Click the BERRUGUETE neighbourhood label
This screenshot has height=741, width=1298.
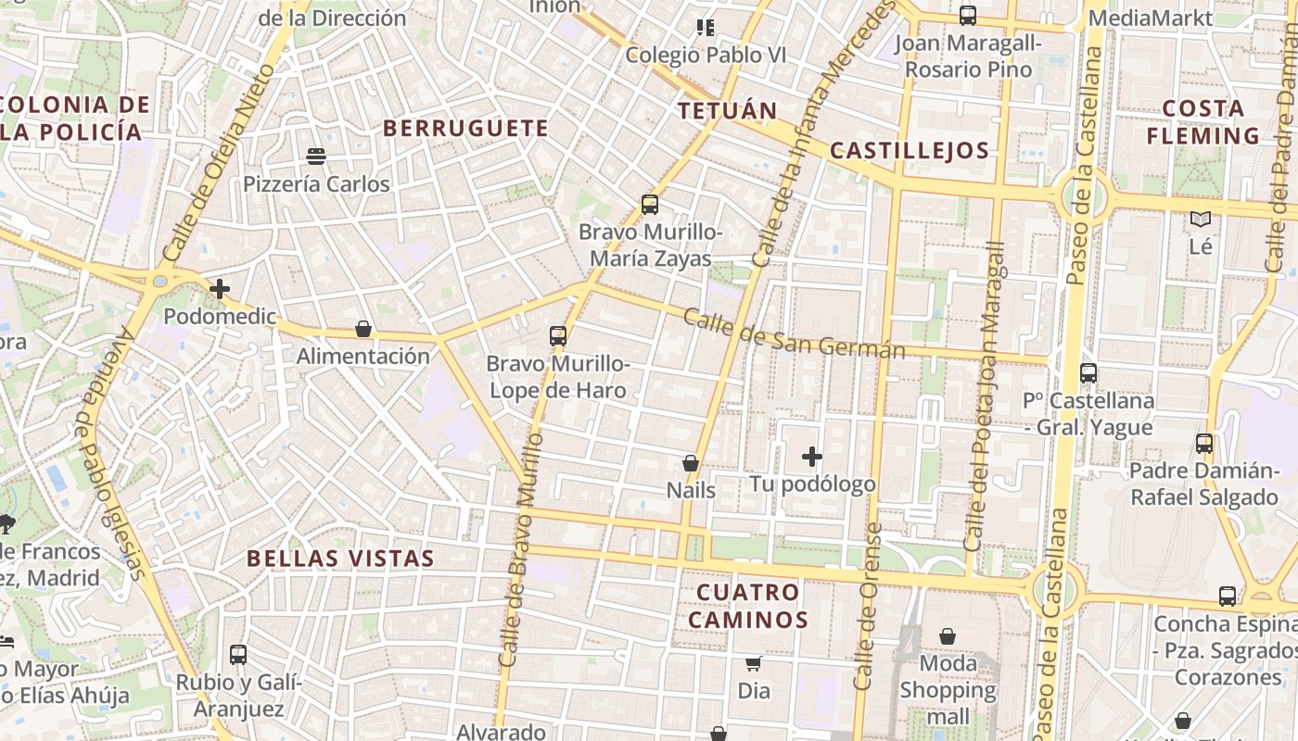pyautogui.click(x=465, y=129)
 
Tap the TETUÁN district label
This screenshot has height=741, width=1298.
pyautogui.click(x=727, y=111)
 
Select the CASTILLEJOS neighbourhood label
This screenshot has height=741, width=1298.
pyautogui.click(x=910, y=151)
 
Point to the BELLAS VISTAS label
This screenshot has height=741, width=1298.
pyautogui.click(x=340, y=559)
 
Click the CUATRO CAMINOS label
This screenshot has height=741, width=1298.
pyautogui.click(x=747, y=606)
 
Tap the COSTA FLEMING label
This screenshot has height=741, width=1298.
pyautogui.click(x=1203, y=122)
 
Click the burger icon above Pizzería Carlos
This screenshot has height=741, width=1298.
pyautogui.click(x=316, y=157)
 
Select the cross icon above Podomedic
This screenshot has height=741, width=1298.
pyautogui.click(x=220, y=289)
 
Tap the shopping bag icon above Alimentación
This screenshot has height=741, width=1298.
pyautogui.click(x=363, y=329)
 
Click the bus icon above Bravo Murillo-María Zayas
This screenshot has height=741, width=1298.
pyautogui.click(x=650, y=205)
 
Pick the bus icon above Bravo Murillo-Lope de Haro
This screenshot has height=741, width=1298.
pyautogui.click(x=558, y=336)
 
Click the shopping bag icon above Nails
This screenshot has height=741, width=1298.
pyautogui.click(x=691, y=462)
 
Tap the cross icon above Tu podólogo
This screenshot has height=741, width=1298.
pyautogui.click(x=812, y=457)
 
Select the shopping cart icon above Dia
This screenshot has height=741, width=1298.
pyautogui.click(x=754, y=663)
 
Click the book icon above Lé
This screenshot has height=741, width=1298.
pyautogui.click(x=1201, y=220)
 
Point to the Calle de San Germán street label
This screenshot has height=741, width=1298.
pyautogui.click(x=794, y=334)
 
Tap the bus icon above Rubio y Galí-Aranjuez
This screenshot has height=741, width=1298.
pyautogui.click(x=238, y=655)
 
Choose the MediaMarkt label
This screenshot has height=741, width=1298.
pyautogui.click(x=1150, y=18)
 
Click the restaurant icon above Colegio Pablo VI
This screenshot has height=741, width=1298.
pyautogui.click(x=706, y=28)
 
